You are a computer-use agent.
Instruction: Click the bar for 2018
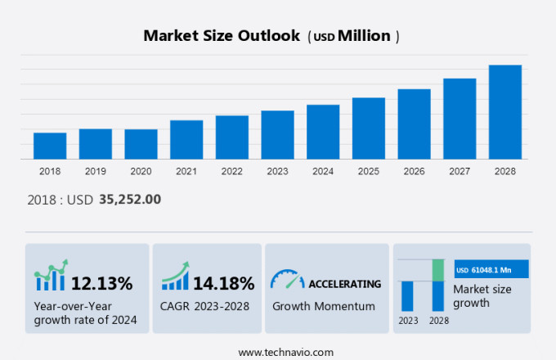pyautogui.click(x=50, y=146)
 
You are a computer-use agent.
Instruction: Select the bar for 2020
pyautogui.click(x=141, y=144)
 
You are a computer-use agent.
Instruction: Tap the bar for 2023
pyautogui.click(x=277, y=135)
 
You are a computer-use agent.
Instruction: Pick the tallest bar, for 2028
pyautogui.click(x=504, y=112)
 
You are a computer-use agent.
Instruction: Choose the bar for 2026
pyautogui.click(x=414, y=124)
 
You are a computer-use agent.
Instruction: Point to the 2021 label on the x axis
pyautogui.click(x=186, y=171)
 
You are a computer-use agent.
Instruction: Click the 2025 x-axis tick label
pyautogui.click(x=368, y=171)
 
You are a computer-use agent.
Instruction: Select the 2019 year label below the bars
pyautogui.click(x=96, y=171)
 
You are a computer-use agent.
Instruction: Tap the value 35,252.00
pyautogui.click(x=130, y=199)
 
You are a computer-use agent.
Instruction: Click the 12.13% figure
pyautogui.click(x=101, y=284)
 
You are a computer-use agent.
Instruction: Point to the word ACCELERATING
pyautogui.click(x=344, y=284)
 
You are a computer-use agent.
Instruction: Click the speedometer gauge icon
pyautogui.click(x=287, y=280)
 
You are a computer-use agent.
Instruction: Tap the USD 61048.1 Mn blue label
pyautogui.click(x=491, y=269)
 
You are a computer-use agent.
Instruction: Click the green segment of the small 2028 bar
pyautogui.click(x=438, y=270)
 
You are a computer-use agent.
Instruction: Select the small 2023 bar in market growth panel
pyautogui.click(x=407, y=295)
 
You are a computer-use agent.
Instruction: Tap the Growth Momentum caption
pyautogui.click(x=323, y=306)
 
